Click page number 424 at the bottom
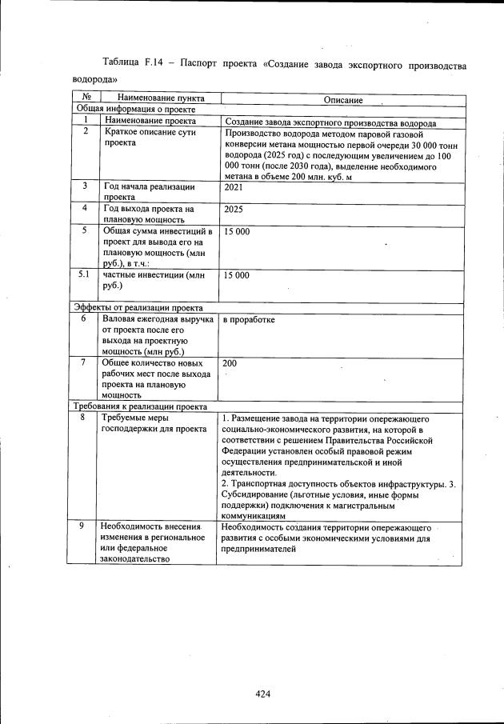pos(263,694)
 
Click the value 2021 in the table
pos(234,186)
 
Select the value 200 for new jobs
pos(230,363)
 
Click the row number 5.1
pos(84,274)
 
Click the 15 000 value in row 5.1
pos(237,274)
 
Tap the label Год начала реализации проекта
pos(149,191)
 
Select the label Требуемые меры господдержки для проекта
pos(148,423)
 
